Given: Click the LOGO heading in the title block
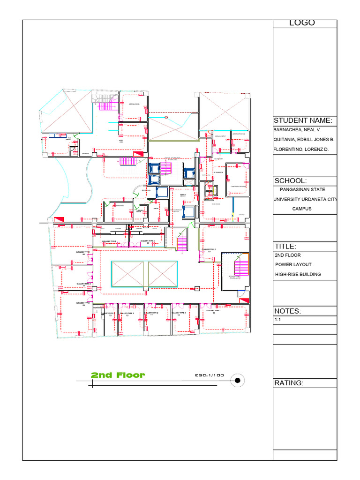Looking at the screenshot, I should pyautogui.click(x=302, y=23).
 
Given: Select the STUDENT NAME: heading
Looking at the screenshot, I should pyautogui.click(x=303, y=120).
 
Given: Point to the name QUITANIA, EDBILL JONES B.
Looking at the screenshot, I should pyautogui.click(x=303, y=139).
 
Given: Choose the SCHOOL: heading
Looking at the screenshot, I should pyautogui.click(x=291, y=181).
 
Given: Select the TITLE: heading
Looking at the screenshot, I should pyautogui.click(x=285, y=247).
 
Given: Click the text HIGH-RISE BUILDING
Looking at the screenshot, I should pyautogui.click(x=298, y=274).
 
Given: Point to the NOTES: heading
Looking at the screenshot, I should pyautogui.click(x=287, y=311).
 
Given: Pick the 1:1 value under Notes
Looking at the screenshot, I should pyautogui.click(x=277, y=320).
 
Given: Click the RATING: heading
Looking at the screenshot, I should pyautogui.click(x=289, y=383).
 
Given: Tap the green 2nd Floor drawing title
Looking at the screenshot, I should pyautogui.click(x=118, y=375).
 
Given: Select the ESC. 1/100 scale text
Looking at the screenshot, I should pyautogui.click(x=210, y=375).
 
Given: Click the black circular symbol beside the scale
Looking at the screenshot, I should pyautogui.click(x=238, y=380).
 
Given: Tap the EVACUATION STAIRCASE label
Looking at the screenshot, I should pyautogui.click(x=235, y=277).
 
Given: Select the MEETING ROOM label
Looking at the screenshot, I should pyautogui.click(x=134, y=104).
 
